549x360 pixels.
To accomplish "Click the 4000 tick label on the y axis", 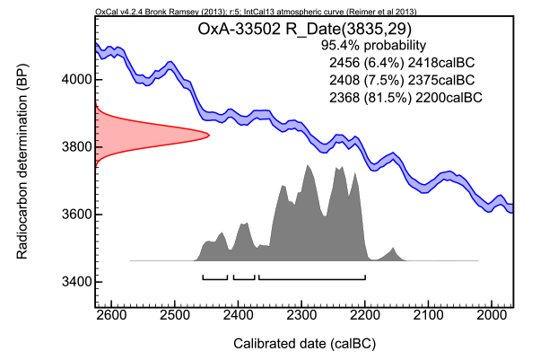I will coord(74,80).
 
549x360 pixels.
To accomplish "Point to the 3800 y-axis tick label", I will coord(74,147).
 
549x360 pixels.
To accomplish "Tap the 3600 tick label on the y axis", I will coord(74,215).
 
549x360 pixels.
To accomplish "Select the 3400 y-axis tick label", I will coord(74,282).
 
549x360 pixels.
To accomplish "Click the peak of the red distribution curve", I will coord(208,136).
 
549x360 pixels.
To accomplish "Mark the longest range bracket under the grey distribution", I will coord(311,278).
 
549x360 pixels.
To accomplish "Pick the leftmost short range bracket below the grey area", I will coord(215,278).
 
